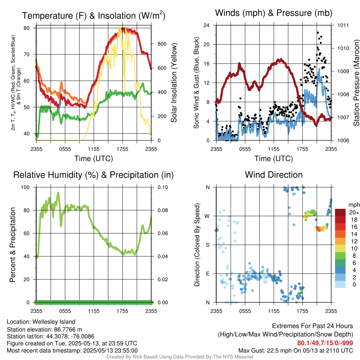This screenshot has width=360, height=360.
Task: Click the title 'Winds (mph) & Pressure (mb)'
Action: click(274, 13)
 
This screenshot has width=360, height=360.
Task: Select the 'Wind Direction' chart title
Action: click(274, 175)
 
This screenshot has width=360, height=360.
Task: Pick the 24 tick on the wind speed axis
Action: click(207, 25)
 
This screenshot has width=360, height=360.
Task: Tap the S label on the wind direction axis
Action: click(207, 245)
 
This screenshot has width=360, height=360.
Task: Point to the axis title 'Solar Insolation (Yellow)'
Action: click(174, 83)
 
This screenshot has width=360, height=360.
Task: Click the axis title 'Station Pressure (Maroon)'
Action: click(356, 83)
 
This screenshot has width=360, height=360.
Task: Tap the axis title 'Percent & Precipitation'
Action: click(12, 244)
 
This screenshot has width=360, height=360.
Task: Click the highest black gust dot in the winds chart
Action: click(318, 32)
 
